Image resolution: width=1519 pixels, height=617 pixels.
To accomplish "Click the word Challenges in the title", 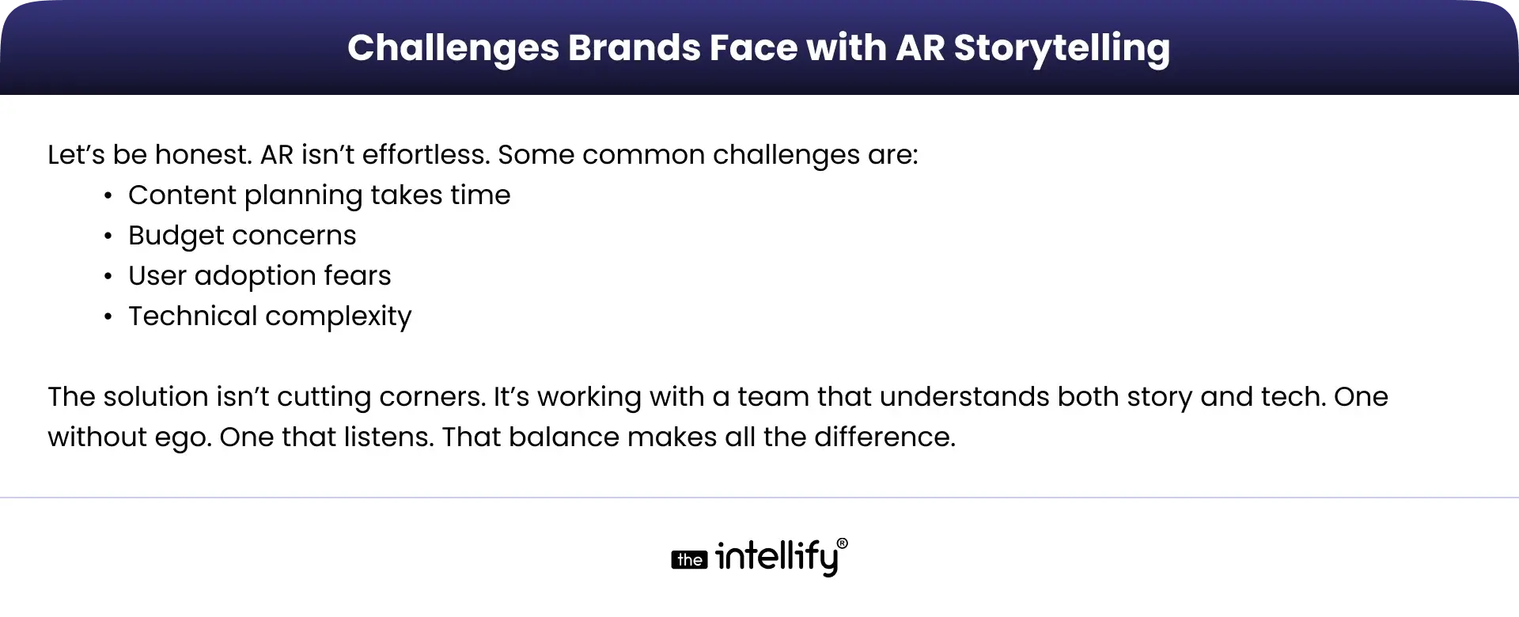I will [453, 47].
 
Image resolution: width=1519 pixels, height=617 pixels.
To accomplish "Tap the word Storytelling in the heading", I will [1062, 47].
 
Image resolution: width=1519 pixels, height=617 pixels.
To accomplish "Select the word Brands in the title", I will [633, 47].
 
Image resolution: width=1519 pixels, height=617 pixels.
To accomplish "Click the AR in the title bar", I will [920, 47].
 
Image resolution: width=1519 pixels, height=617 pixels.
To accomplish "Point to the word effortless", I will [426, 154].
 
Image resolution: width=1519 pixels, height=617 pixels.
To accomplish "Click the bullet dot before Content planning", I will [108, 196].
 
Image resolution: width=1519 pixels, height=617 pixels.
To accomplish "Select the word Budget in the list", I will [165, 236].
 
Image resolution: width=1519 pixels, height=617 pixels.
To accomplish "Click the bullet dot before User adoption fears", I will [108, 277].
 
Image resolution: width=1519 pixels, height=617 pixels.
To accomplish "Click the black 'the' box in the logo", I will [689, 560].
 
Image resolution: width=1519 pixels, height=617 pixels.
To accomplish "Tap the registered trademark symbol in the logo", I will [842, 543].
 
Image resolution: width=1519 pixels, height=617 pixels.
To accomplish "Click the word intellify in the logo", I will [776, 558].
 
